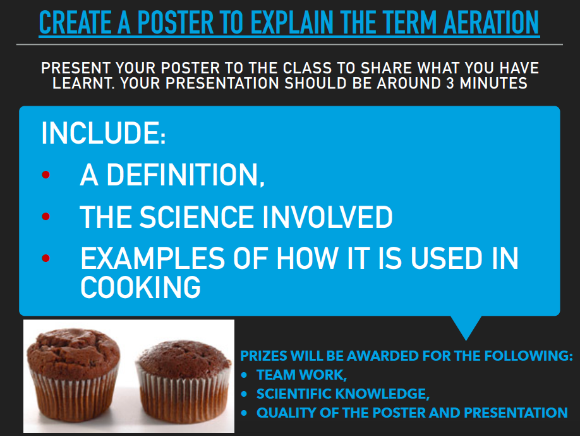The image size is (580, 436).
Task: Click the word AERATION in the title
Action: [491, 23]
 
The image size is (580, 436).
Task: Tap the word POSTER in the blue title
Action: [176, 23]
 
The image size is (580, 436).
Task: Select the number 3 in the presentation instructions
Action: [450, 84]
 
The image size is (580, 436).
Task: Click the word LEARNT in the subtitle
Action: [83, 84]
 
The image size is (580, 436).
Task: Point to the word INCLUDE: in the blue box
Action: [103, 133]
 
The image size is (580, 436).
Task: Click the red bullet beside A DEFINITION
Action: [46, 175]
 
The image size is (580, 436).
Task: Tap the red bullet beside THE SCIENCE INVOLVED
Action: [46, 216]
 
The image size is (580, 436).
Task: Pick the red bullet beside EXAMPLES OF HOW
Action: [46, 258]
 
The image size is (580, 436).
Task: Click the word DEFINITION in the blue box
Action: [185, 175]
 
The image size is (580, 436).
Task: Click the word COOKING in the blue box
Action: [140, 287]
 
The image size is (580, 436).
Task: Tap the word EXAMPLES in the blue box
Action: [152, 258]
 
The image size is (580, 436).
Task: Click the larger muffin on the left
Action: [74, 374]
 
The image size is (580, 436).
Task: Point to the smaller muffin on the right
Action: [184, 381]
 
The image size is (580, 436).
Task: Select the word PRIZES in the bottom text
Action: [263, 356]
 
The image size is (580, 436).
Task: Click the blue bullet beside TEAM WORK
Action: [244, 375]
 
